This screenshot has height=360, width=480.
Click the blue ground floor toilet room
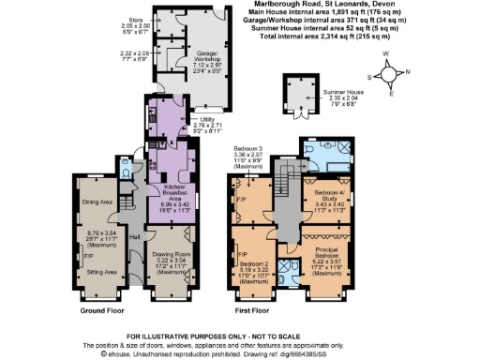point(127,166)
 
